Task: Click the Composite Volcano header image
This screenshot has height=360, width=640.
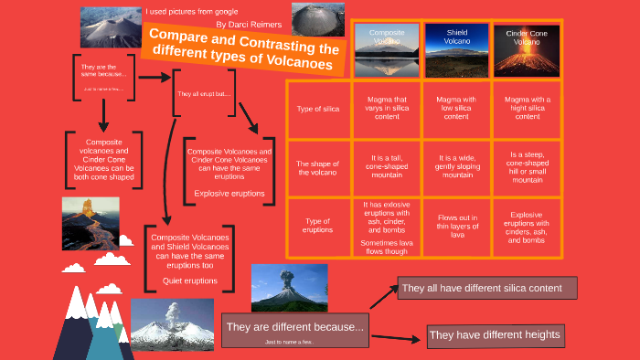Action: [386, 49]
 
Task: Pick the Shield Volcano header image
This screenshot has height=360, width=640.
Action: [456, 49]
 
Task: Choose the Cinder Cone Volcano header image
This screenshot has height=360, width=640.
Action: [527, 49]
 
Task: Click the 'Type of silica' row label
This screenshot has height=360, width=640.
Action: [318, 110]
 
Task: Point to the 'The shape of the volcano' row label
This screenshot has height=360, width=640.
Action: [318, 168]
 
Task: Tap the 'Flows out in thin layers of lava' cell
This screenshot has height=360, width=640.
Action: [457, 227]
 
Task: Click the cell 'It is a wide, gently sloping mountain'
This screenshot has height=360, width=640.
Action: [457, 168]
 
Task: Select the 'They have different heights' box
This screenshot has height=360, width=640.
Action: [495, 335]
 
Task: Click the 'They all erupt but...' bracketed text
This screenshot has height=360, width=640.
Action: [205, 94]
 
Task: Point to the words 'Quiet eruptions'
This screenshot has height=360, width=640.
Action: [190, 281]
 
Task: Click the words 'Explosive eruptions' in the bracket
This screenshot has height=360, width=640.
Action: [229, 194]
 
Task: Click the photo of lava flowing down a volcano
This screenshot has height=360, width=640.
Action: [90, 223]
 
